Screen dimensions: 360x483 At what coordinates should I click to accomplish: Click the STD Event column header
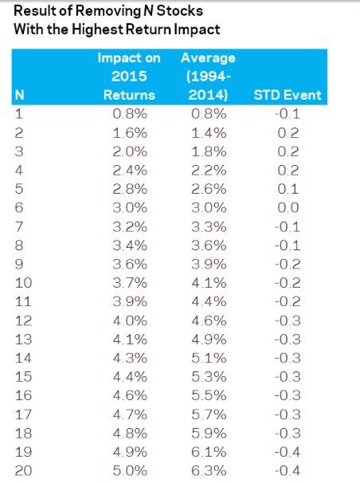pyautogui.click(x=288, y=95)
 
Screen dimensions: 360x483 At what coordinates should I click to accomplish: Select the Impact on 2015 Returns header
pyautogui.click(x=129, y=77)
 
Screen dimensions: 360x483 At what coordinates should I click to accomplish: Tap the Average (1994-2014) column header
pyautogui.click(x=209, y=77)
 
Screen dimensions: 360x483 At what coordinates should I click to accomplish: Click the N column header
pyautogui.click(x=19, y=95)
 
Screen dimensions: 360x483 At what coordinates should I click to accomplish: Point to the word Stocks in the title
pyautogui.click(x=180, y=11)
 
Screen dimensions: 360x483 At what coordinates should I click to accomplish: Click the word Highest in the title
pyautogui.click(x=97, y=29)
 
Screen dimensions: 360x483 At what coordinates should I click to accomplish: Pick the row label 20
pyautogui.click(x=23, y=471)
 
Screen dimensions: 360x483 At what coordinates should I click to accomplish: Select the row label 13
pyautogui.click(x=23, y=340)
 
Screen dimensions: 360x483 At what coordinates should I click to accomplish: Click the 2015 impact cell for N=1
pyautogui.click(x=130, y=114)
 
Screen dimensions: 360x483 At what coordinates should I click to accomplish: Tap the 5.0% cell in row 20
pyautogui.click(x=130, y=471)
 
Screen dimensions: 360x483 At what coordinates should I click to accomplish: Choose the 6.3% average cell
pyautogui.click(x=209, y=471)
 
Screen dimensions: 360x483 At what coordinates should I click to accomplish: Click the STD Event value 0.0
pyautogui.click(x=288, y=207)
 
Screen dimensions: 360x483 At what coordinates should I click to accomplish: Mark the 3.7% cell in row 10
pyautogui.click(x=130, y=283)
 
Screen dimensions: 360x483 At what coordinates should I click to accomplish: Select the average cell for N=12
pyautogui.click(x=209, y=320)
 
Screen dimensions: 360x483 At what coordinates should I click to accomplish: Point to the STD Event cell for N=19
pyautogui.click(x=288, y=452)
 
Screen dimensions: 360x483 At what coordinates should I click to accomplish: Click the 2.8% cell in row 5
pyautogui.click(x=130, y=189)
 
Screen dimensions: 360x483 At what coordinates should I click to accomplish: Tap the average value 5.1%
pyautogui.click(x=209, y=358)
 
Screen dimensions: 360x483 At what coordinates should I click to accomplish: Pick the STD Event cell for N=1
pyautogui.click(x=288, y=114)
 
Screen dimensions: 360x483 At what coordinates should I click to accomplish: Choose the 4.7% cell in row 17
pyautogui.click(x=130, y=414)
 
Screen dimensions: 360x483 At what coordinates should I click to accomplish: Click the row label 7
pyautogui.click(x=19, y=226)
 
